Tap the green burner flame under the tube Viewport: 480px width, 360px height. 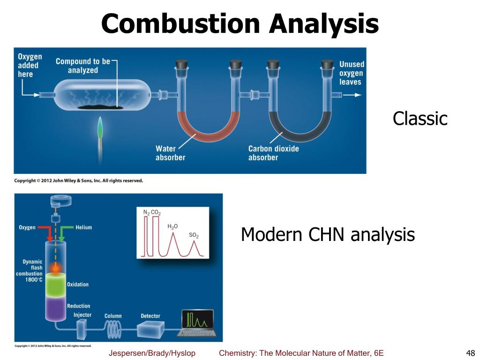click(x=100, y=128)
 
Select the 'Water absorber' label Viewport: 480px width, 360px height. click(x=170, y=153)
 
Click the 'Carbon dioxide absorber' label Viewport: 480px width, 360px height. click(x=273, y=153)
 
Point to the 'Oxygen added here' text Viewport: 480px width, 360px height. click(x=30, y=65)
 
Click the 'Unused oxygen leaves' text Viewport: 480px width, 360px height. click(x=351, y=73)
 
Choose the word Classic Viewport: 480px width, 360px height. click(x=420, y=119)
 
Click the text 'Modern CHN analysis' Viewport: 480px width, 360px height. click(x=328, y=234)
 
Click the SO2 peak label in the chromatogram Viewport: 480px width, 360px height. click(x=194, y=235)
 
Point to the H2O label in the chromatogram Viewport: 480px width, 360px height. click(x=172, y=226)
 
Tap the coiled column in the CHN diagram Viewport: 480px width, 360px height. click(x=113, y=330)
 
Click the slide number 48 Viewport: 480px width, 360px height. click(x=471, y=353)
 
